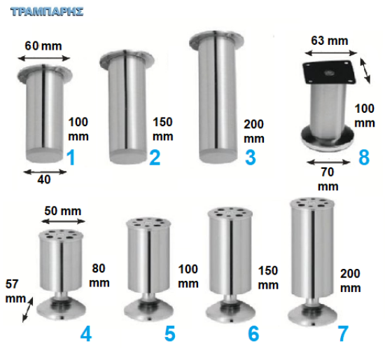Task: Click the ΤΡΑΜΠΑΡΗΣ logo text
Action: (x=47, y=12)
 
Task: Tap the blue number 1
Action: (x=71, y=158)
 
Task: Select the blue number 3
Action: (x=251, y=158)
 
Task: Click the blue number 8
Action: (x=364, y=158)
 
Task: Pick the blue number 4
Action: (x=86, y=333)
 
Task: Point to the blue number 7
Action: (x=343, y=333)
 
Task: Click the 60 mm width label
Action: (x=43, y=46)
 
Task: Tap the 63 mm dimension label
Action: (x=330, y=41)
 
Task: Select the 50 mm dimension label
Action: (x=62, y=211)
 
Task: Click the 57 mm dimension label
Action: (x=15, y=291)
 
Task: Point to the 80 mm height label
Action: (x=99, y=275)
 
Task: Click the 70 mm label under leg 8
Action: (x=328, y=179)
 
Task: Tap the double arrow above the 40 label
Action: (x=45, y=172)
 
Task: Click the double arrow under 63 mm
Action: (x=330, y=53)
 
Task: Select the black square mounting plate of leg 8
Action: (x=329, y=73)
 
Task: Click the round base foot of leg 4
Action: (x=61, y=310)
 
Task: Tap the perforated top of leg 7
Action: (x=312, y=203)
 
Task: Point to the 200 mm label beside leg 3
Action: (x=254, y=132)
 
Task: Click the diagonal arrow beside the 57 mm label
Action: (x=28, y=310)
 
